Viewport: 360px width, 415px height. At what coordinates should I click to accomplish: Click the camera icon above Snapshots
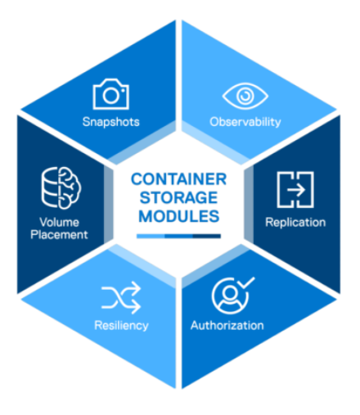(x=110, y=94)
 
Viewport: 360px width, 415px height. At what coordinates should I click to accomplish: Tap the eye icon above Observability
(x=245, y=96)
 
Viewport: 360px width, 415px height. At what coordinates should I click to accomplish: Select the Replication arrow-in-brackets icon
(x=295, y=190)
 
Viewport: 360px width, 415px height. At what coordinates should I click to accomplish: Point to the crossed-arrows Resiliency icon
(x=121, y=298)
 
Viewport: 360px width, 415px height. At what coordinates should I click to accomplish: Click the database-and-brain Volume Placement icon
(x=61, y=187)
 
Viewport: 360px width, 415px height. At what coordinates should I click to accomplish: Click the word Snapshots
(x=111, y=122)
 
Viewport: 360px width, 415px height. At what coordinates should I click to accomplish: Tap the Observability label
(x=245, y=122)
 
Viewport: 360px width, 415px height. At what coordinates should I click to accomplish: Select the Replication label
(x=295, y=223)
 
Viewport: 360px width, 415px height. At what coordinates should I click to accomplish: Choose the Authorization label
(x=227, y=325)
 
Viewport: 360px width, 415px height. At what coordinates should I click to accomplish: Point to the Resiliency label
(x=121, y=326)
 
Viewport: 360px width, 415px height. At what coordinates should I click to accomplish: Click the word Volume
(x=60, y=222)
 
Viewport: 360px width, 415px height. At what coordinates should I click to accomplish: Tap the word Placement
(x=59, y=235)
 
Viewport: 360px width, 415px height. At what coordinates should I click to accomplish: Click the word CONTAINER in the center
(x=179, y=179)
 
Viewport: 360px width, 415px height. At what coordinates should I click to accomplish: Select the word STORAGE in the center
(x=178, y=197)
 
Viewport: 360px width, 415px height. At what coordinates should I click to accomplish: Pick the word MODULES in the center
(x=179, y=216)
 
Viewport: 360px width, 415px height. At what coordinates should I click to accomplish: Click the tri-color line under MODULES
(x=178, y=236)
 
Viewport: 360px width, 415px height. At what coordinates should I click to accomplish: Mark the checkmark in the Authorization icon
(x=246, y=283)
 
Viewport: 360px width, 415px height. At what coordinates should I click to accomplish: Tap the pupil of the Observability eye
(x=245, y=96)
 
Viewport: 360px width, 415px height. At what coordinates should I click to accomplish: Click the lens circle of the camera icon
(x=110, y=95)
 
